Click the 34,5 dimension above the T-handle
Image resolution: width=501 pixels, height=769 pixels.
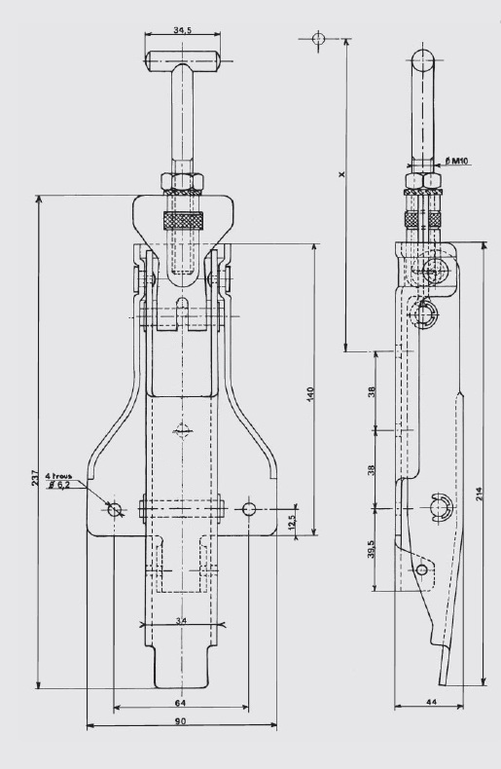[x=182, y=30]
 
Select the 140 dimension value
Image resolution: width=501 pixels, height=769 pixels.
[x=309, y=394]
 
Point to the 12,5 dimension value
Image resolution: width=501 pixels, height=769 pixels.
[x=293, y=523]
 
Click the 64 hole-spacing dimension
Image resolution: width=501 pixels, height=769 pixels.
[x=180, y=703]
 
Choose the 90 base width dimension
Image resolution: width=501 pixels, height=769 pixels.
[x=180, y=721]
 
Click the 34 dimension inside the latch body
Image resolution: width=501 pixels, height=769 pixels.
[x=181, y=621]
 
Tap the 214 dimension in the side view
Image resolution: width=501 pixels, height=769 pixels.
[x=480, y=494]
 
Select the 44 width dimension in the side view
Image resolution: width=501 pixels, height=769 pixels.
[x=431, y=702]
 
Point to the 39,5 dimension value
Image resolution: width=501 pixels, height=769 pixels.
[x=371, y=549]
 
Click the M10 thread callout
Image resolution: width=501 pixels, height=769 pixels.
[x=457, y=161]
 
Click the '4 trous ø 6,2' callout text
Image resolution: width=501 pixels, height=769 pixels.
[x=58, y=480]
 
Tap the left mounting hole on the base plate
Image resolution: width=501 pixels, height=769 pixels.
[x=115, y=509]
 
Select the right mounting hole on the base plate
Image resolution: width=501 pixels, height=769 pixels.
[x=249, y=509]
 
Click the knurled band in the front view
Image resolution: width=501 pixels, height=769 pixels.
[x=183, y=220]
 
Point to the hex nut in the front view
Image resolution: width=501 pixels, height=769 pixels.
[x=182, y=181]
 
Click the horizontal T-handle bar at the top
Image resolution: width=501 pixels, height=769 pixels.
[x=182, y=60]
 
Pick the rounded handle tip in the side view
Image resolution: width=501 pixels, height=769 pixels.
[x=422, y=59]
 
